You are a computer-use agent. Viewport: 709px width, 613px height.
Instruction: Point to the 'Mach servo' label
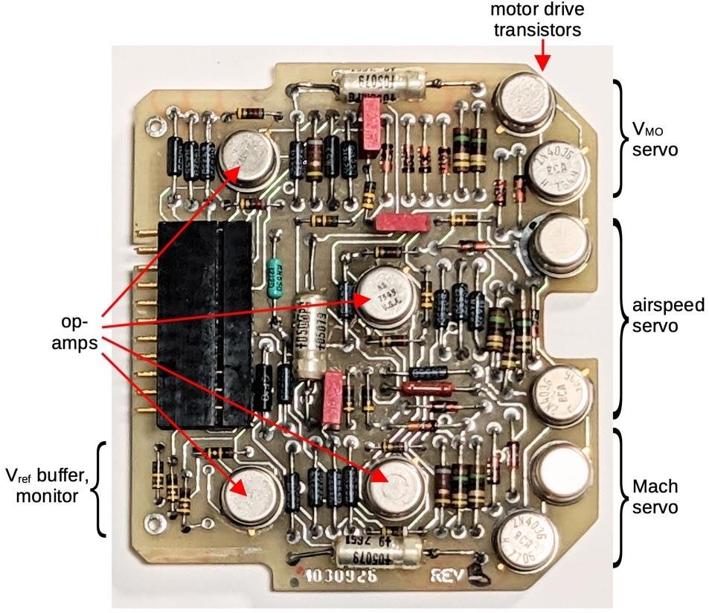(655, 497)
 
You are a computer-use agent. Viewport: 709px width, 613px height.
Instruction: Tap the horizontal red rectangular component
(402, 221)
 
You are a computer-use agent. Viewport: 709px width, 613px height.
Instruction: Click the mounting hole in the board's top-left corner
(154, 120)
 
